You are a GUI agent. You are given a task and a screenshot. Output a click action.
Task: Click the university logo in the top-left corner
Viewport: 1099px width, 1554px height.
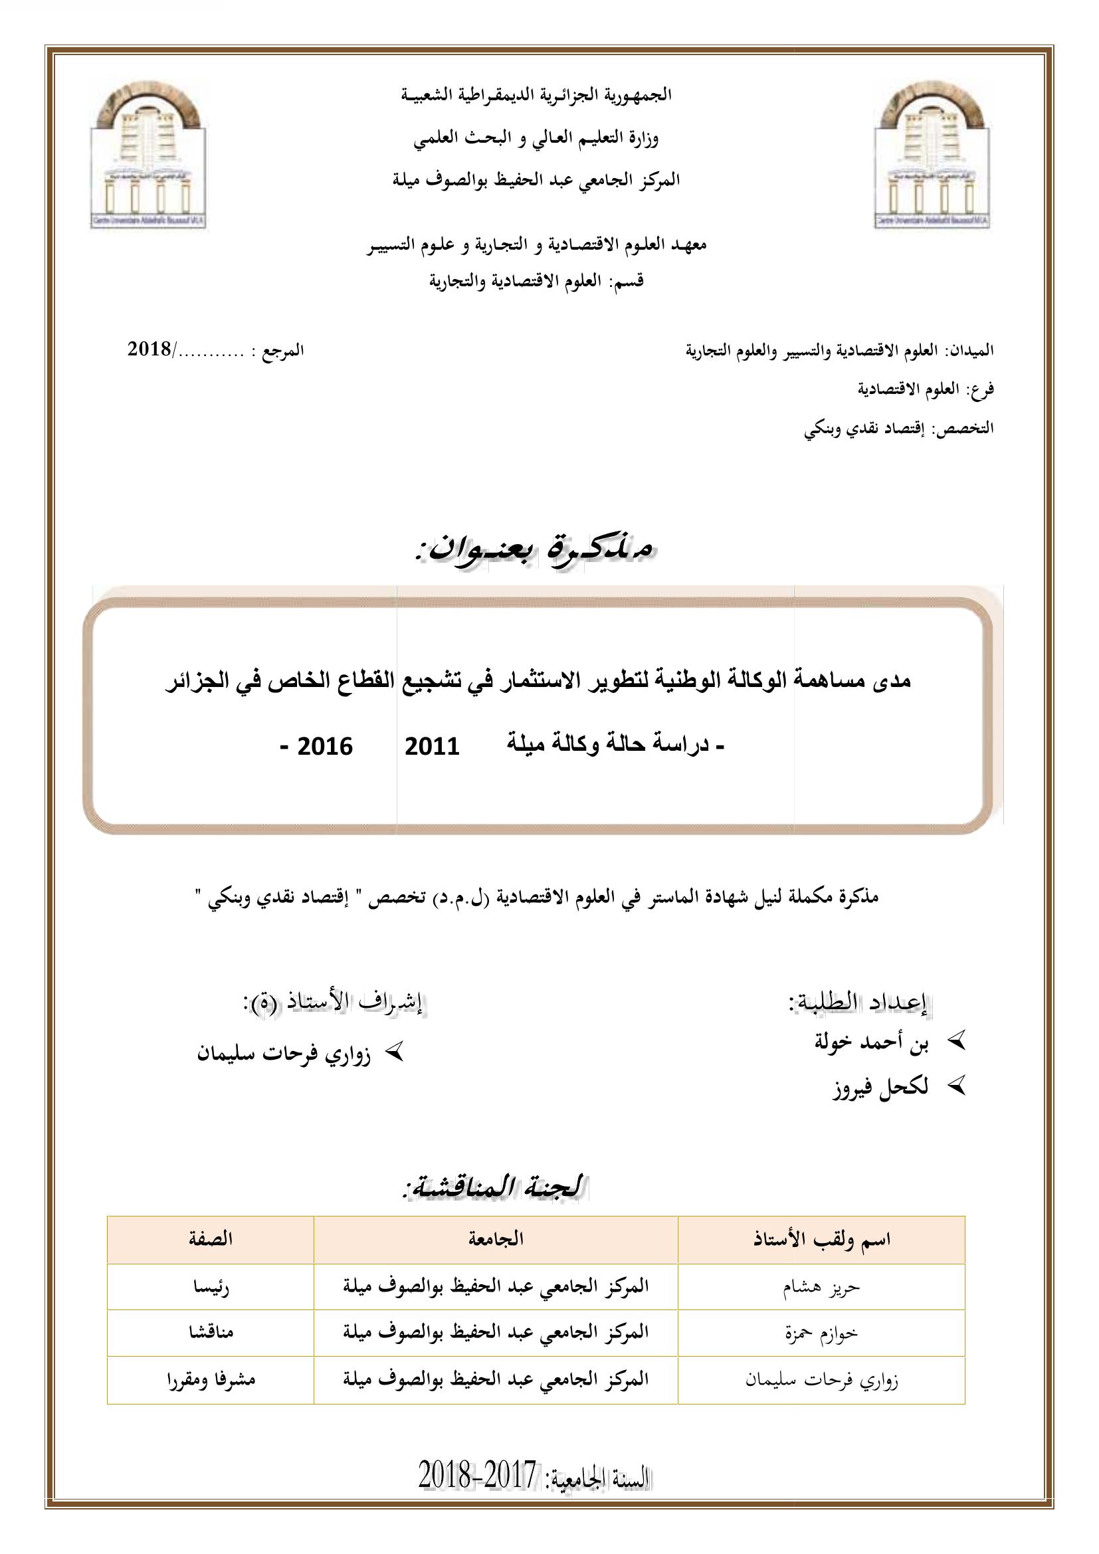148,153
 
